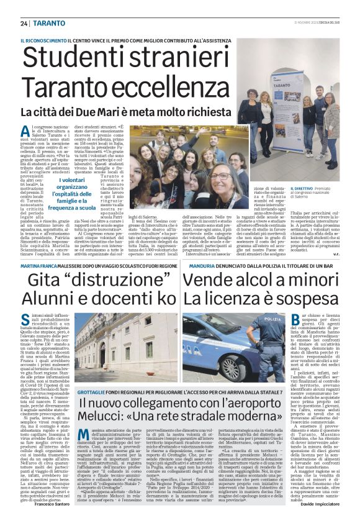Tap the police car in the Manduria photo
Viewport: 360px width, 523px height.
click(x=217, y=348)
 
